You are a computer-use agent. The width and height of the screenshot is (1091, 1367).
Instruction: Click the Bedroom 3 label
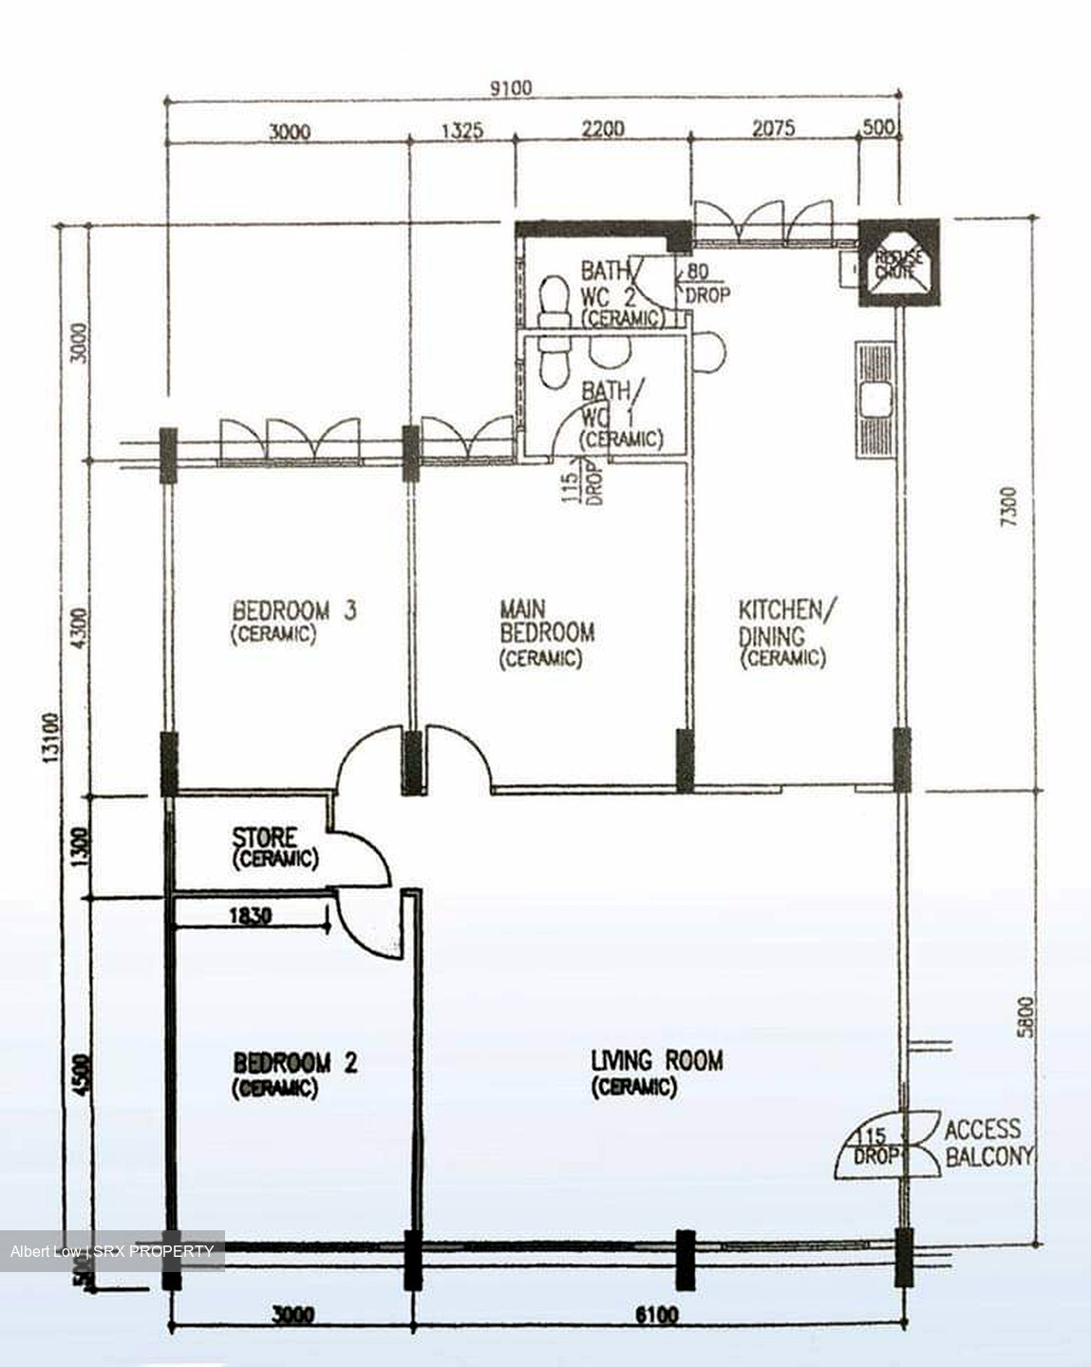[293, 621]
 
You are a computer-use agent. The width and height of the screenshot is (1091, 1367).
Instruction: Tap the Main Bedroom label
[546, 631]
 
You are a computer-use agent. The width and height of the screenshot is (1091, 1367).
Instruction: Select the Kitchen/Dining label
[787, 632]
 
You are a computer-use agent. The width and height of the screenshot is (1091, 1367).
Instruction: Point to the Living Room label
[656, 1072]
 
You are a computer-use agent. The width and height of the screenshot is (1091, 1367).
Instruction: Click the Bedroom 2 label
[294, 1074]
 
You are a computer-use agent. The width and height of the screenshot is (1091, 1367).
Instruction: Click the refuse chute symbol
[898, 263]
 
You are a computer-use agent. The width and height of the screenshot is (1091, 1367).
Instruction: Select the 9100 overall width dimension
[511, 87]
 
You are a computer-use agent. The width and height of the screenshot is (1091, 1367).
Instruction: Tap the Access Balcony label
[987, 1142]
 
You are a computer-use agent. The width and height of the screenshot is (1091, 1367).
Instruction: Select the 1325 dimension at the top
[461, 129]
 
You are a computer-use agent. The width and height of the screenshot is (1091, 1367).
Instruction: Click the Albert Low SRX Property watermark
[112, 1251]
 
